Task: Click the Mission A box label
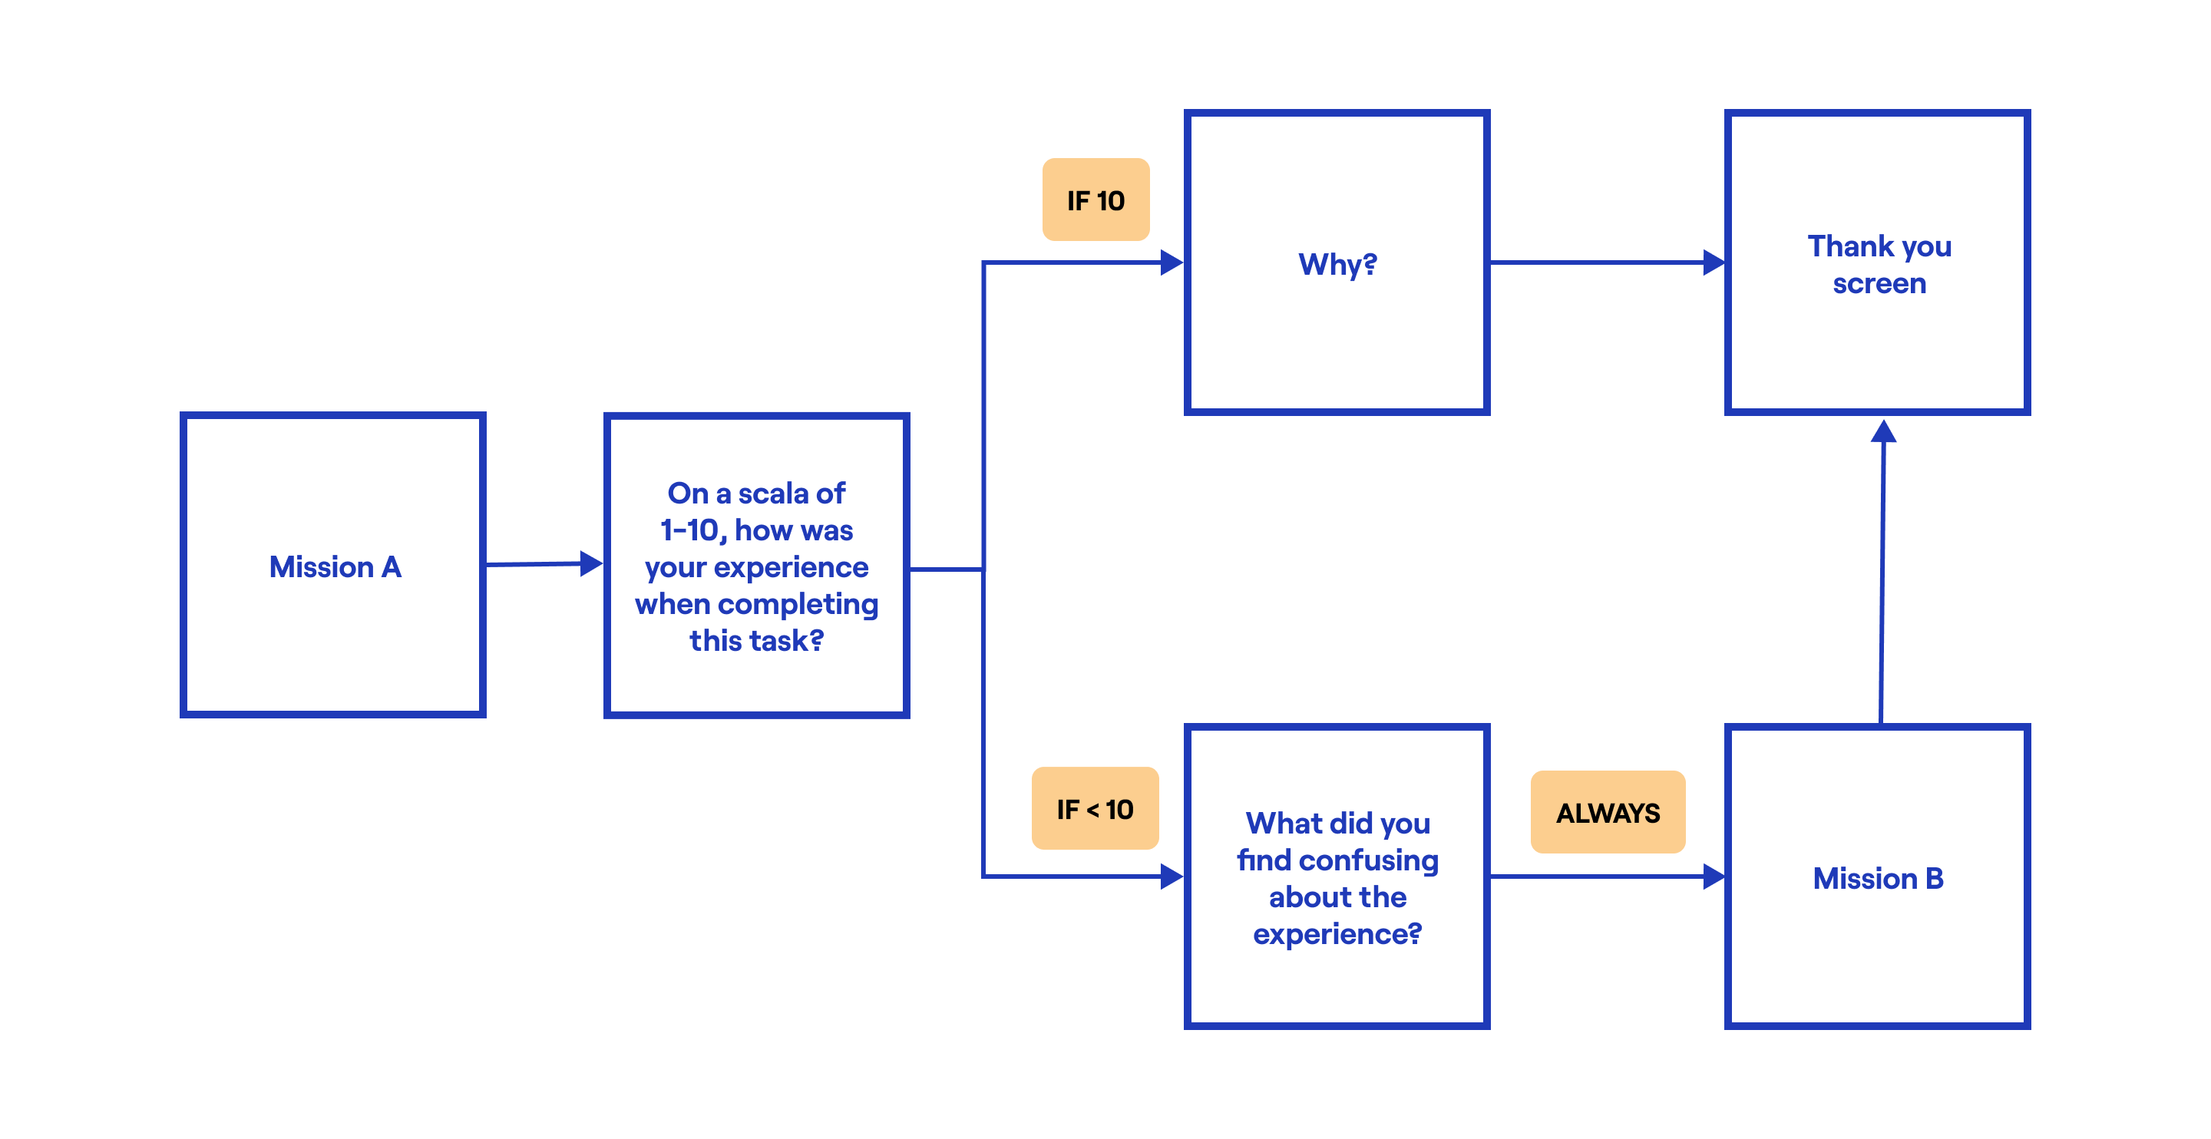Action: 335,566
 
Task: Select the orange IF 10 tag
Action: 1096,200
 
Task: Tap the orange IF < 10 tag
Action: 1094,808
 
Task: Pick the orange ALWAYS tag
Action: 1608,812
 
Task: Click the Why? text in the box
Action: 1337,263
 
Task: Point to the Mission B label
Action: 1878,878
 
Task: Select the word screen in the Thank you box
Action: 1879,283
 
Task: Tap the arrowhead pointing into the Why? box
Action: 1172,262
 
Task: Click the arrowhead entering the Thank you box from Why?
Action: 1714,262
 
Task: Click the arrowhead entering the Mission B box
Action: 1714,877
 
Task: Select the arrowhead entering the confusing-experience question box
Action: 1172,877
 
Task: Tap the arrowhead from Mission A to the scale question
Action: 590,563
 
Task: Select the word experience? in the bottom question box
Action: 1337,934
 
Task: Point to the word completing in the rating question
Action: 798,604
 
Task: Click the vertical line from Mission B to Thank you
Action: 1882,583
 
